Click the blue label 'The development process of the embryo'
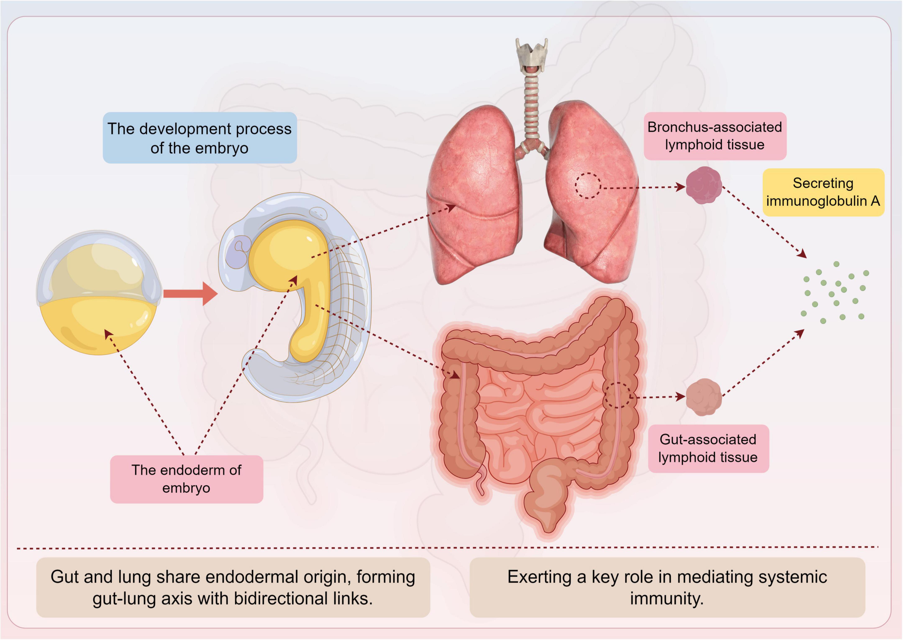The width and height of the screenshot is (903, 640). [200, 138]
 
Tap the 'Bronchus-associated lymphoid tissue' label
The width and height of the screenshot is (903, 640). [715, 136]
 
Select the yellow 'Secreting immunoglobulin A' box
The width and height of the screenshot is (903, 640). [823, 192]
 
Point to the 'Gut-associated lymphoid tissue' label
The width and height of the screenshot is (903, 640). [708, 448]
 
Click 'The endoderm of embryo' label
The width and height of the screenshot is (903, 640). [186, 479]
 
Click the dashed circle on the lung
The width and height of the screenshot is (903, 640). [588, 185]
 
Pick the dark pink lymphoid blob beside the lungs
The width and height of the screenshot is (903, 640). [703, 185]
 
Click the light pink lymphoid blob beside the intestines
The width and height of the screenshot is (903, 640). [703, 397]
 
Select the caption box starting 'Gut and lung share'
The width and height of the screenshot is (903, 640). [233, 587]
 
